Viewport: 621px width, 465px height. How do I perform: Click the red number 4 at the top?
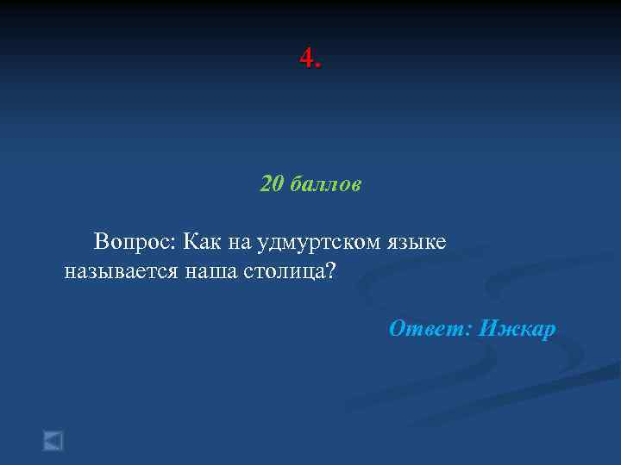(x=306, y=59)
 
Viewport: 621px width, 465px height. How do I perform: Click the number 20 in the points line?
(x=272, y=184)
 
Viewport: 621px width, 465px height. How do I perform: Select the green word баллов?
(x=325, y=184)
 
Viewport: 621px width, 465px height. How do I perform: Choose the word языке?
(x=417, y=243)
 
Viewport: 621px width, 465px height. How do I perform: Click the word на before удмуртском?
(x=241, y=243)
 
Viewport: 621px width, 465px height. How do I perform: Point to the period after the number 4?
(x=318, y=65)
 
